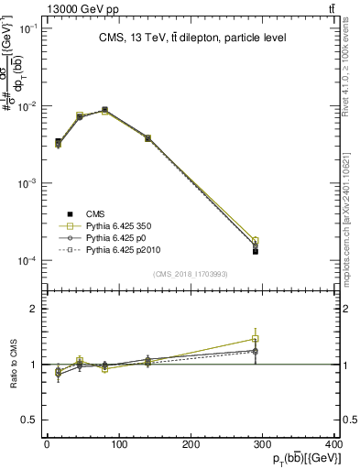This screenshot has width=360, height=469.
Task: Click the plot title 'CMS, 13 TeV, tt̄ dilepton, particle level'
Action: (191, 38)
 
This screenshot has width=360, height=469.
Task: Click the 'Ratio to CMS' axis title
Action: (14, 364)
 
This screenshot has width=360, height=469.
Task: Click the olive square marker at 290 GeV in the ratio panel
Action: (256, 339)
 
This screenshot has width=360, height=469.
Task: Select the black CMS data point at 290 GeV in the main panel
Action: (256, 251)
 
